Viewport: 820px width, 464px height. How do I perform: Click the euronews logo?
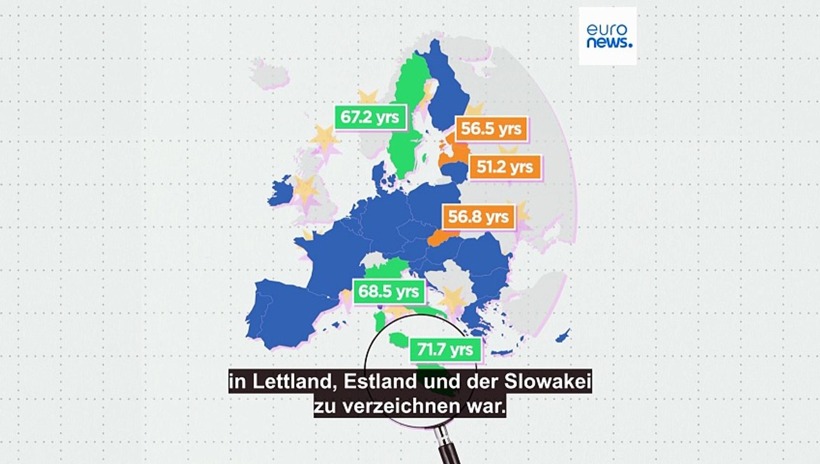click(x=607, y=36)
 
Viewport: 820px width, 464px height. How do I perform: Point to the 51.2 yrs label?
click(x=504, y=167)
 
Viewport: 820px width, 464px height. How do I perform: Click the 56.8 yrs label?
click(x=478, y=216)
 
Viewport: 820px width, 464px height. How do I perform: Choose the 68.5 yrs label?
click(x=389, y=291)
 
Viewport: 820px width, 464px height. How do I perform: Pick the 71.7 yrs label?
click(x=445, y=351)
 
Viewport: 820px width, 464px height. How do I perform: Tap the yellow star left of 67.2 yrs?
click(x=324, y=139)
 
